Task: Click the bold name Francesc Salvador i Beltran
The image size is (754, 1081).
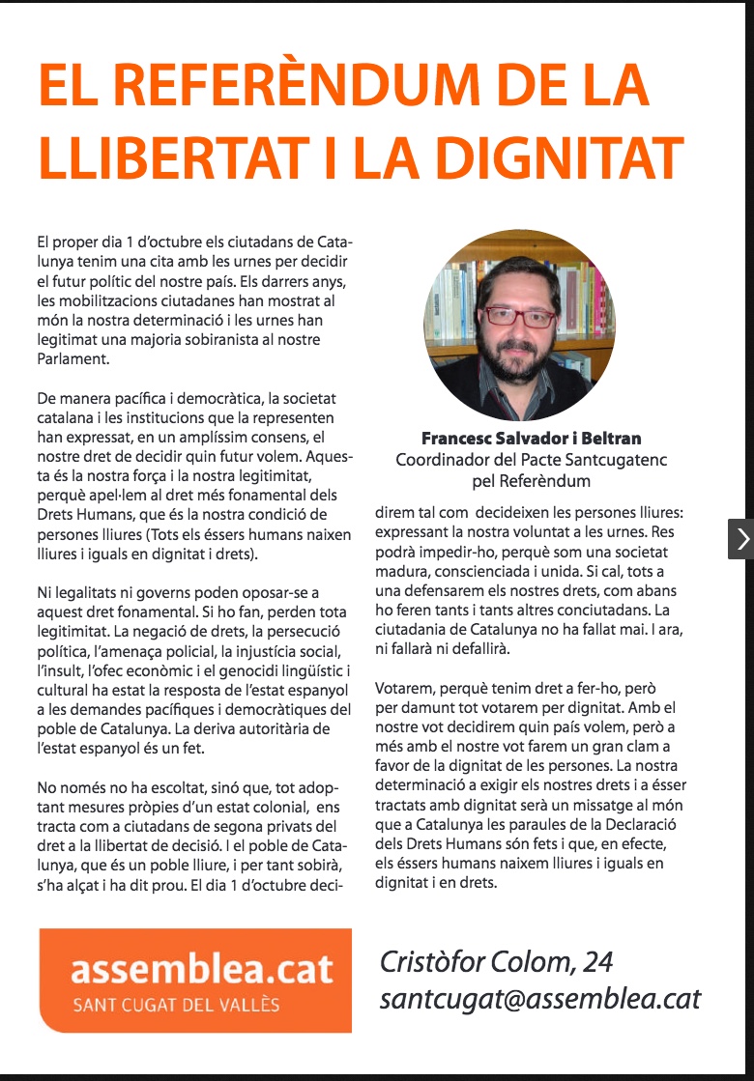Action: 531,439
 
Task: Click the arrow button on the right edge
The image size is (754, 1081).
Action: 740,539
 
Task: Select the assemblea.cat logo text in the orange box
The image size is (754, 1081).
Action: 202,968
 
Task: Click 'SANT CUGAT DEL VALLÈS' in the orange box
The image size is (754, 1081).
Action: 176,1006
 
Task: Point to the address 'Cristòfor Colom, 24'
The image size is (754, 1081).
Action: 496,962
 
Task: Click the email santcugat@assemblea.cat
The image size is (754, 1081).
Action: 540,998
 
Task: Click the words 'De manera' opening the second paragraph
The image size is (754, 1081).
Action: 74,398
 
